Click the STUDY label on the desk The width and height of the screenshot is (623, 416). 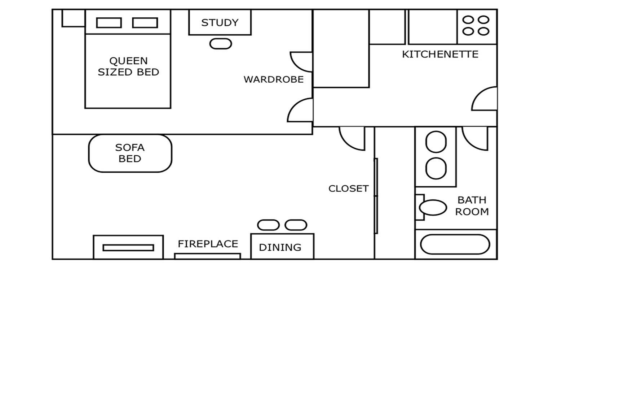click(x=220, y=23)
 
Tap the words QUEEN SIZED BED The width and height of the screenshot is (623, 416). click(x=128, y=66)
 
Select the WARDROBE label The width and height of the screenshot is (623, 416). click(x=274, y=79)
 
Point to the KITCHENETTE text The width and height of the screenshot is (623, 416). click(x=440, y=54)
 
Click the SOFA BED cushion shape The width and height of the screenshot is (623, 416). click(x=130, y=153)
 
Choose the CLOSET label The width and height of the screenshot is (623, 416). click(x=349, y=188)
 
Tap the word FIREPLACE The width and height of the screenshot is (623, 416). click(x=208, y=244)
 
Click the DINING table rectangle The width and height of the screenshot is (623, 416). click(x=282, y=246)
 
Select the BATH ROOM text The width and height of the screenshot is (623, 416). click(x=472, y=206)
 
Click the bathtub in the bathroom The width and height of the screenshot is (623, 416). click(x=455, y=244)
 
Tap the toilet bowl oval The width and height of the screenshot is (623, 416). click(x=433, y=208)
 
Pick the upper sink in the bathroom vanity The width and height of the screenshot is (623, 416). click(x=436, y=142)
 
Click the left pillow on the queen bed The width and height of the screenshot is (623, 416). click(x=109, y=23)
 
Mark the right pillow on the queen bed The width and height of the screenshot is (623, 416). click(x=145, y=23)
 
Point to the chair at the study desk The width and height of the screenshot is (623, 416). click(x=221, y=44)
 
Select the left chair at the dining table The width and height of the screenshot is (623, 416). click(x=268, y=225)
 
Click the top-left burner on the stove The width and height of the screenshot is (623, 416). click(x=468, y=19)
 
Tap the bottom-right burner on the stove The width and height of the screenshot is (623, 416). click(x=483, y=31)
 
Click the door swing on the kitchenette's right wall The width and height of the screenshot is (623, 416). click(x=485, y=98)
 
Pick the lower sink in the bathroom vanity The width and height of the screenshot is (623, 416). click(x=436, y=168)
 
